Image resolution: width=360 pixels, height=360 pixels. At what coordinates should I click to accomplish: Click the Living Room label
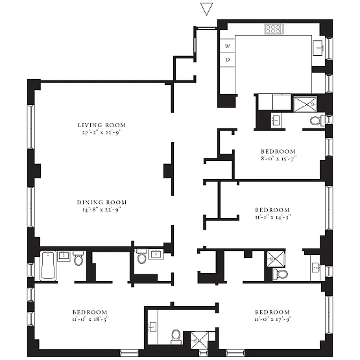(102, 125)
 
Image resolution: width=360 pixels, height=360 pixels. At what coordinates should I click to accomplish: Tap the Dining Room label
(102, 202)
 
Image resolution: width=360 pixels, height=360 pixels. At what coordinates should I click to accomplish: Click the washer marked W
(227, 46)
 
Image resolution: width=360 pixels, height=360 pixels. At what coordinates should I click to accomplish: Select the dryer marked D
(227, 60)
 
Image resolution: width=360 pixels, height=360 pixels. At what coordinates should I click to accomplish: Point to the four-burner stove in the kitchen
(274, 29)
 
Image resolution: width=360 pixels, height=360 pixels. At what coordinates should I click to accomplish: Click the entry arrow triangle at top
(206, 9)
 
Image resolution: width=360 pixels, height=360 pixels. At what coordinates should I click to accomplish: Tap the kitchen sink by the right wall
(319, 48)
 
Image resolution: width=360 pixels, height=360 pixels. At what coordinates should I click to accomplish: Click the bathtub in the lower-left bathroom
(48, 266)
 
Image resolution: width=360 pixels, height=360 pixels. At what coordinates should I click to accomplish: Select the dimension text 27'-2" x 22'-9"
(102, 132)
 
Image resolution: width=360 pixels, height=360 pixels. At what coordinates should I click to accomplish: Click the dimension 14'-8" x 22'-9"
(102, 210)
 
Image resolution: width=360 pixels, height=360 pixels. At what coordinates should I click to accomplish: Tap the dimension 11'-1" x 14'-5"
(273, 217)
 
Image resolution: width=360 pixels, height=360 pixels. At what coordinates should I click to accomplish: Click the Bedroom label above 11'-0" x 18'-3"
(90, 312)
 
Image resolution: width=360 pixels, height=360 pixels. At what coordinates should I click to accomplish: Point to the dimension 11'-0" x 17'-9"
(273, 319)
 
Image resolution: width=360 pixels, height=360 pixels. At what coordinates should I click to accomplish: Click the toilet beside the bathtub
(78, 258)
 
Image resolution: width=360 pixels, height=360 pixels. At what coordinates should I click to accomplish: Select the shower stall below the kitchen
(306, 104)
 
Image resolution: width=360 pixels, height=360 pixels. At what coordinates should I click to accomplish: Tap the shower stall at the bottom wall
(200, 341)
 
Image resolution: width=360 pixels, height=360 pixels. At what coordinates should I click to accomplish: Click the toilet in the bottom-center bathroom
(176, 337)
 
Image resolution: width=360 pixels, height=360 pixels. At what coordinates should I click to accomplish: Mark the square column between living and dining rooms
(168, 171)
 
